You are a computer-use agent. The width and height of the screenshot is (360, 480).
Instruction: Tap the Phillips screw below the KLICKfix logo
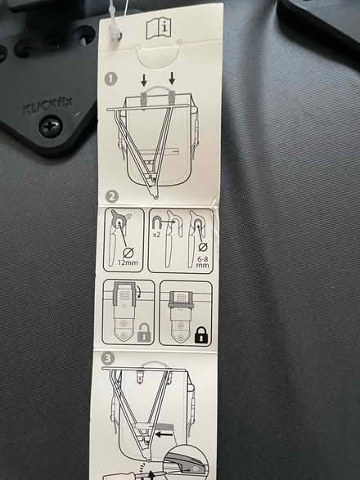point(51,127)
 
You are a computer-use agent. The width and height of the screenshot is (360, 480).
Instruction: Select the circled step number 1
point(111,79)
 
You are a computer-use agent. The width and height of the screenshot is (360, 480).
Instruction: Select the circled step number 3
point(109,358)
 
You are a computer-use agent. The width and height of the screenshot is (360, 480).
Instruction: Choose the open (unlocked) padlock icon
point(144,335)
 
